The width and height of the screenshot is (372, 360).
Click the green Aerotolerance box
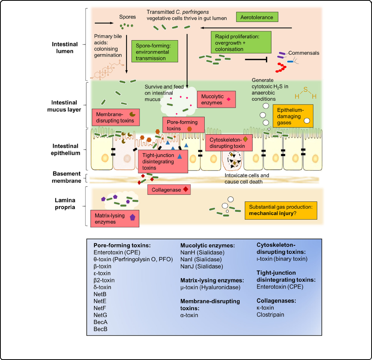pos(257,18)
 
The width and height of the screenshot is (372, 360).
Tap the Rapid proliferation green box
pos(241,42)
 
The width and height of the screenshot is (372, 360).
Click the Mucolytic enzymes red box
pos(216,100)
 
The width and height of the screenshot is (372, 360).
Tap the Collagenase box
pos(169,189)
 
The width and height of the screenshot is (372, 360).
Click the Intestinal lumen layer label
pos(65,48)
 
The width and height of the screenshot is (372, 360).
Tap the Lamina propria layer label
pos(65,204)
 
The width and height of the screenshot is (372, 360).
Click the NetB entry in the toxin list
pos(100,294)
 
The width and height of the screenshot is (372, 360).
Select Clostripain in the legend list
pos(271,315)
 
